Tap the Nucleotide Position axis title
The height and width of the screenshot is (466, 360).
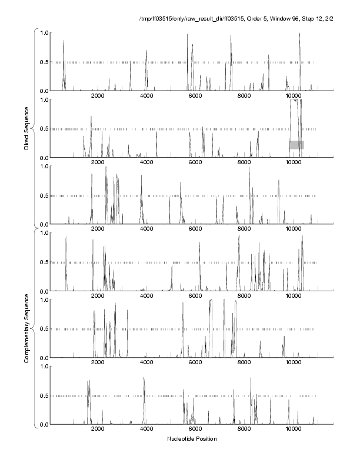pyautogui.click(x=192, y=439)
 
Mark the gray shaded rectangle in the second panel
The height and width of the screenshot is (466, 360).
pyautogui.click(x=296, y=145)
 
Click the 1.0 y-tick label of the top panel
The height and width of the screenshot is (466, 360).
pyautogui.click(x=44, y=32)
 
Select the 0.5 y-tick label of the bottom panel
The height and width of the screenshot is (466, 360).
pyautogui.click(x=44, y=395)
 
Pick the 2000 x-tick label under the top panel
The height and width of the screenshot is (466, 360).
pyautogui.click(x=98, y=96)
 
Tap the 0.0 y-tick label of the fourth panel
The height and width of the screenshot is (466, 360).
pyautogui.click(x=44, y=291)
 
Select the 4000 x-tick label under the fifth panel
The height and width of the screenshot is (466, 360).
pyautogui.click(x=146, y=364)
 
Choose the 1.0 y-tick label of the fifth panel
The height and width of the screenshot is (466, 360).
pyautogui.click(x=44, y=299)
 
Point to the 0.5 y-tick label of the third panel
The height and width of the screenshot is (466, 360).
pyautogui.click(x=44, y=195)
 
